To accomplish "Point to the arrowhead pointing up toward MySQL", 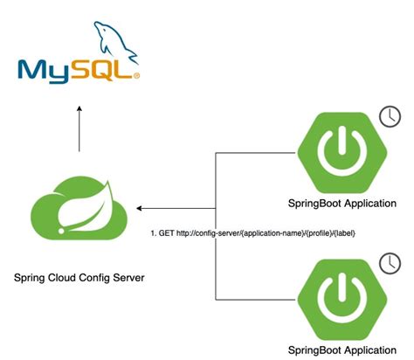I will (79, 110).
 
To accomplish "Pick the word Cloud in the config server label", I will (64, 278).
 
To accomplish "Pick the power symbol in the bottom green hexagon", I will (336, 298).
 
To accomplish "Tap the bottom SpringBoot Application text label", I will (336, 350).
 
